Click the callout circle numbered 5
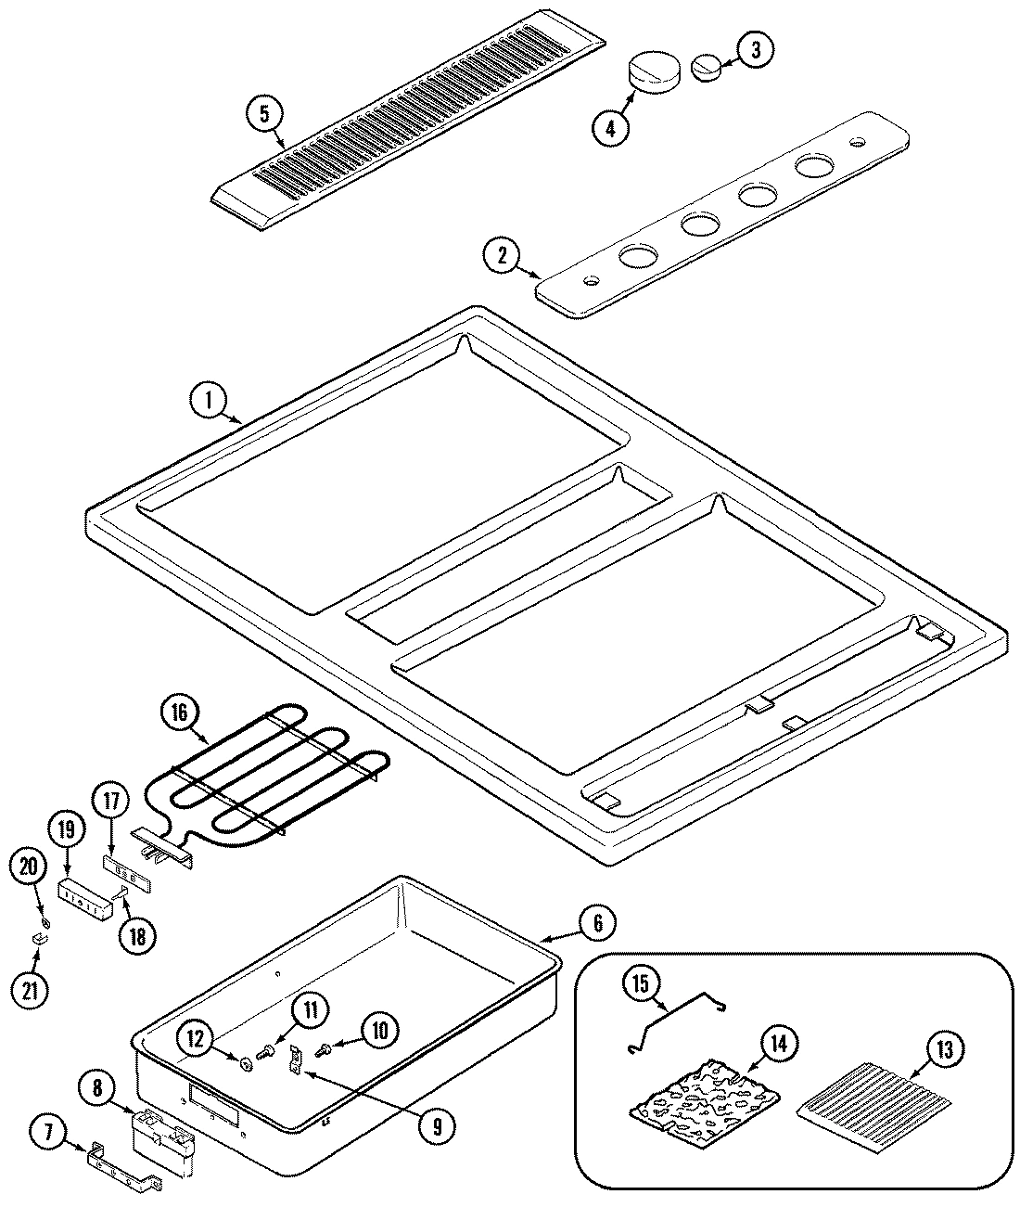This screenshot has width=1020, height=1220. [x=264, y=114]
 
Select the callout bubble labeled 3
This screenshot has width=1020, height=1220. [x=755, y=51]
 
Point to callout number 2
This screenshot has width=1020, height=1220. [x=503, y=256]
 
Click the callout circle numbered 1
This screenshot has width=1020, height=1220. [x=210, y=401]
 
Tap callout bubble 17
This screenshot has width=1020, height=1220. [x=111, y=802]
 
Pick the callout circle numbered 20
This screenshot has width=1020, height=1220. [x=28, y=867]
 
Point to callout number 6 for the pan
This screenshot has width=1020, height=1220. [x=598, y=922]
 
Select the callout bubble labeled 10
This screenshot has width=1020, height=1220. [x=381, y=1029]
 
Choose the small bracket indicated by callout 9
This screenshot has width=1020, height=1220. [x=297, y=1059]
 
